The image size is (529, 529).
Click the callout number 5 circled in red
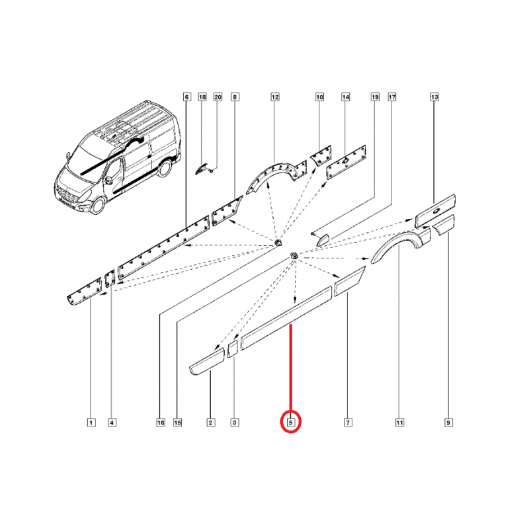pos(291,422)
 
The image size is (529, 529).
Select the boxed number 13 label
pos(434,97)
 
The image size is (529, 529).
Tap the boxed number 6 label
pos(187,97)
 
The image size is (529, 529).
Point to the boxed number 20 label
pos(218,97)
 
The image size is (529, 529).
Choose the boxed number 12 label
pos(275,97)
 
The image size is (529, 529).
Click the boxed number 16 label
pos(161,423)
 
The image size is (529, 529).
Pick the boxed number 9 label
pos(448,423)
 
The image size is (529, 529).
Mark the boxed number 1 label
pos(91,423)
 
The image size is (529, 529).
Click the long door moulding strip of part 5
pos(286,318)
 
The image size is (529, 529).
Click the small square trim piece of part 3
pos(233,349)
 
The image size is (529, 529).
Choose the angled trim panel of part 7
pos(350,281)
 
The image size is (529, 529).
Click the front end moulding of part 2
pos(206,361)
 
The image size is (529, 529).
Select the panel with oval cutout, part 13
pos(435,210)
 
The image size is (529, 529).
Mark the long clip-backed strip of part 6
pos(163,248)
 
